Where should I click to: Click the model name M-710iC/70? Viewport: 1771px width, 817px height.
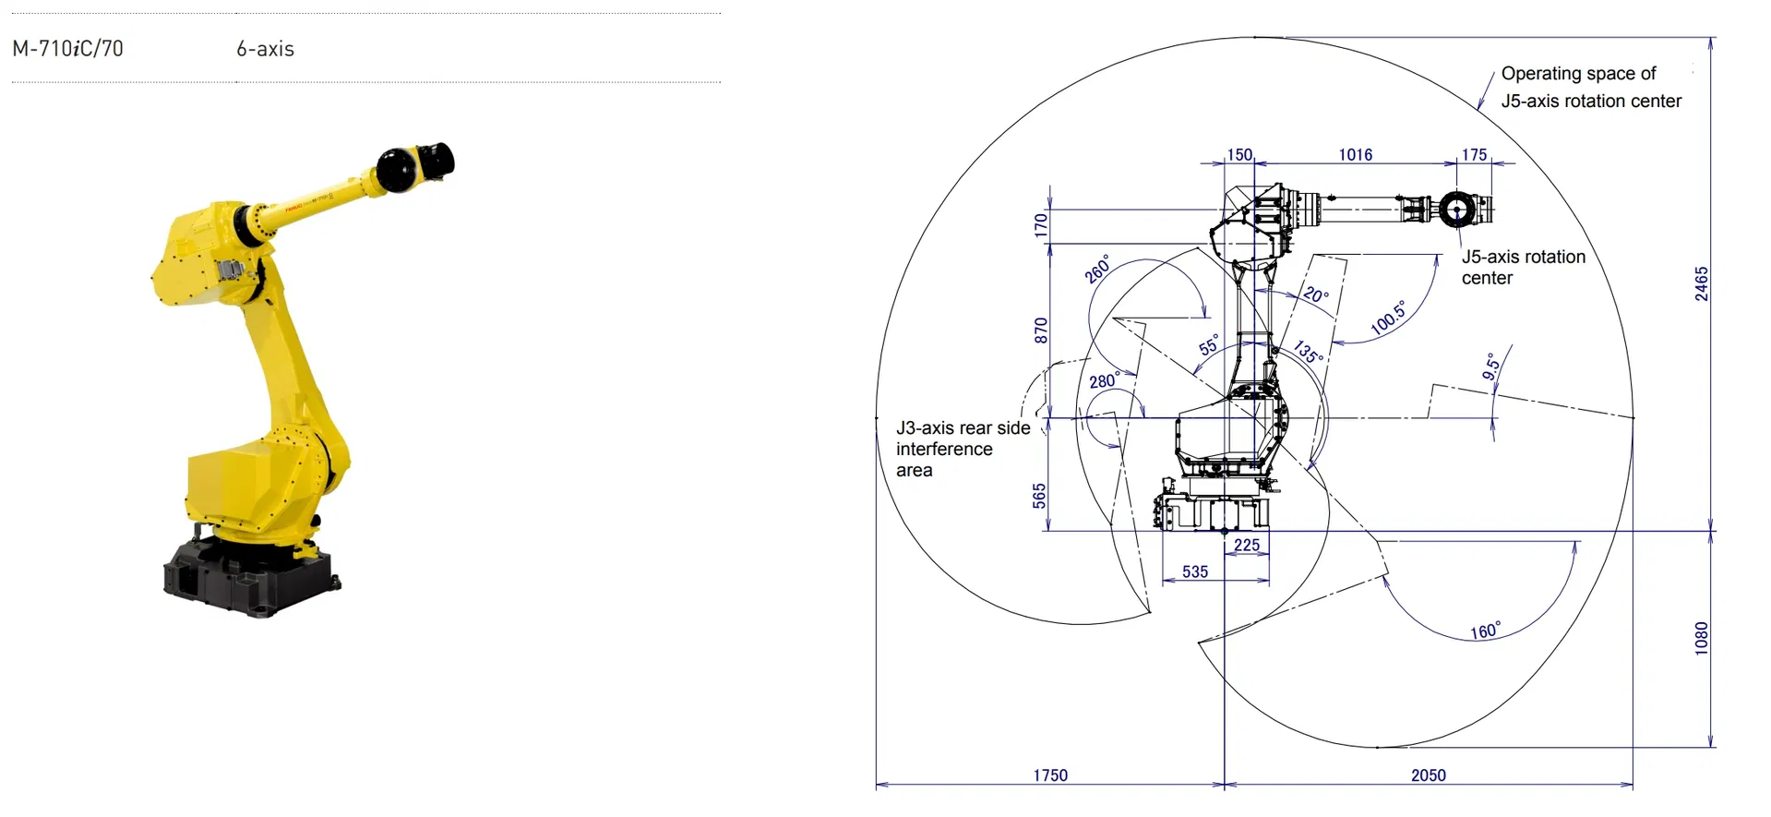coord(67,49)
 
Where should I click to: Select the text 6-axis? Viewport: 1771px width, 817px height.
coord(265,49)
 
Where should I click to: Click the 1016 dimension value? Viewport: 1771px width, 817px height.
coord(1355,155)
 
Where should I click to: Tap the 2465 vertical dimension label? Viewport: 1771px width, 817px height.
coord(1701,283)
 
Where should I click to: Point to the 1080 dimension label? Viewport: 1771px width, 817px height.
coord(1701,638)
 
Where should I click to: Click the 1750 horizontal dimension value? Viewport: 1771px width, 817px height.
coord(1049,775)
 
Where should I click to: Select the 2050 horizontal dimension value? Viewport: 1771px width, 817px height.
coord(1428,775)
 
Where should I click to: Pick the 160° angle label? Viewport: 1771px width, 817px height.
coord(1485,631)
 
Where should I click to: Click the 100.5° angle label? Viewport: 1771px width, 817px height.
coord(1388,318)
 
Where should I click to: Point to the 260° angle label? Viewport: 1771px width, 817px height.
coord(1096,269)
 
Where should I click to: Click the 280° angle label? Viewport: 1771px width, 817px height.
coord(1105,380)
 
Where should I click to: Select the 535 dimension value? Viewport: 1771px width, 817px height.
coord(1194,571)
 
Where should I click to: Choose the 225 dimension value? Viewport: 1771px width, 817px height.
coord(1246,545)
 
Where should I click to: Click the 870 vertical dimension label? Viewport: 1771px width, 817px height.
coord(1041,330)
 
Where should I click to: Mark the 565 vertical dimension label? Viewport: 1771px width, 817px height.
coord(1039,496)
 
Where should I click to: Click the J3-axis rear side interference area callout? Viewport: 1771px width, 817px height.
coord(963,449)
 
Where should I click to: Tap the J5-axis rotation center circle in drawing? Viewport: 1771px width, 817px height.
coord(1456,209)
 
